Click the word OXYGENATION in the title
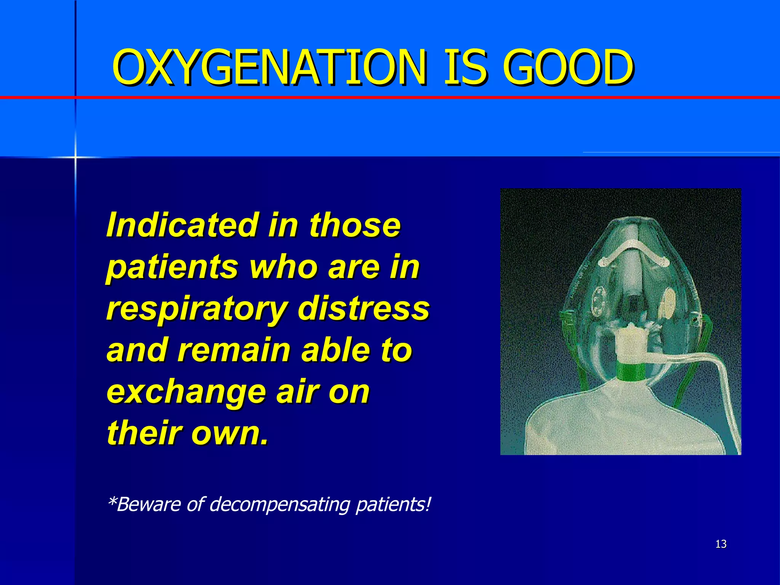pos(269,68)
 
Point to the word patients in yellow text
pos(172,268)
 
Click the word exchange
pos(186,392)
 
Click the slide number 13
pos(721,544)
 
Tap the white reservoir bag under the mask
pos(609,423)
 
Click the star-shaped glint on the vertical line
pos(75,157)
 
